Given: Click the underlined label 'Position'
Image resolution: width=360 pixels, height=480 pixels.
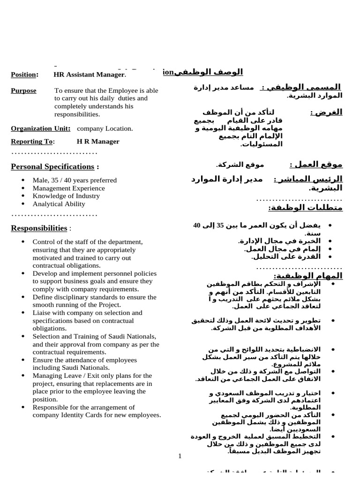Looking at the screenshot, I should (x=23, y=75).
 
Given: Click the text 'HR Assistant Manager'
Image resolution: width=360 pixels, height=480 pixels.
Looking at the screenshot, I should (x=89, y=75).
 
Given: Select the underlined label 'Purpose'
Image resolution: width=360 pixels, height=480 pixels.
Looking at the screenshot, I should (x=23, y=90).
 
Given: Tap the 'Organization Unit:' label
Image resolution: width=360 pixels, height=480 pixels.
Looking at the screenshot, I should (x=41, y=128).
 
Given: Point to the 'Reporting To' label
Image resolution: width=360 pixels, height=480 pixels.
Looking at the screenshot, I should (x=32, y=142).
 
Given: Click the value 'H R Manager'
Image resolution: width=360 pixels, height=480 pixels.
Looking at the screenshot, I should (x=98, y=142).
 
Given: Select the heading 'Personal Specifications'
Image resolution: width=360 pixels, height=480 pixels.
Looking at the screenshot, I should (x=52, y=166).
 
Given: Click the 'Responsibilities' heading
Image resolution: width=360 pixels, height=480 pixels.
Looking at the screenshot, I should (x=39, y=228).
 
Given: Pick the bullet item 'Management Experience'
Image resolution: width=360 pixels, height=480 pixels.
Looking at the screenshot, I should (x=68, y=188).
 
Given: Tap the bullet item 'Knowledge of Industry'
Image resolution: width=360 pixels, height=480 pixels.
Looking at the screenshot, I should (x=66, y=196).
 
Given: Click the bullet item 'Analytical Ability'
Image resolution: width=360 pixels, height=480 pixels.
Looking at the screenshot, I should (x=59, y=204).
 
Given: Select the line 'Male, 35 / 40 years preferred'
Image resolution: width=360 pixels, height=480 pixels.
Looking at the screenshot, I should (x=75, y=180).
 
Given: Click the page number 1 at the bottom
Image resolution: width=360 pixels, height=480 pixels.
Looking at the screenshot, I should (x=180, y=456).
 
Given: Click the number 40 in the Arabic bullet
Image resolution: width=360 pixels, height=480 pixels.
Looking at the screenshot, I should (x=196, y=225).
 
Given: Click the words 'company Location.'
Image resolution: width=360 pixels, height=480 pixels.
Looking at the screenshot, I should (x=105, y=128).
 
